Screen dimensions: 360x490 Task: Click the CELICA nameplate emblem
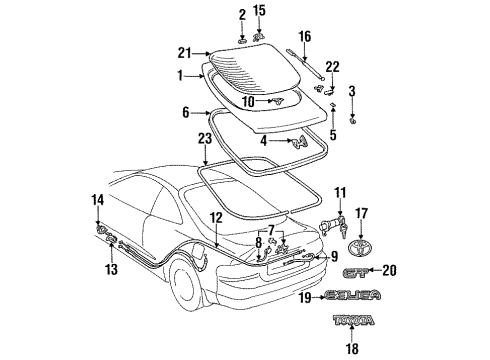pos(352,296)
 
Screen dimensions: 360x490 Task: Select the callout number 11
pos(339,191)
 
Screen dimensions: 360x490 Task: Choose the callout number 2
pos(242,12)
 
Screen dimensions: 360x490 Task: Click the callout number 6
pos(184,114)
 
